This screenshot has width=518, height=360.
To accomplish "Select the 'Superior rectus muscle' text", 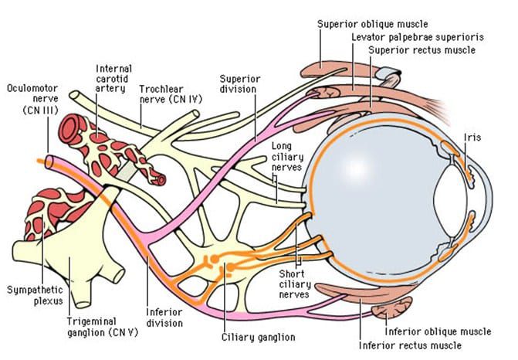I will [421, 51].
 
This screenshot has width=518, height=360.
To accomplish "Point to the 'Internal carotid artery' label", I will [113, 79].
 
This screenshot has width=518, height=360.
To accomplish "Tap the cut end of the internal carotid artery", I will [159, 178].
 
